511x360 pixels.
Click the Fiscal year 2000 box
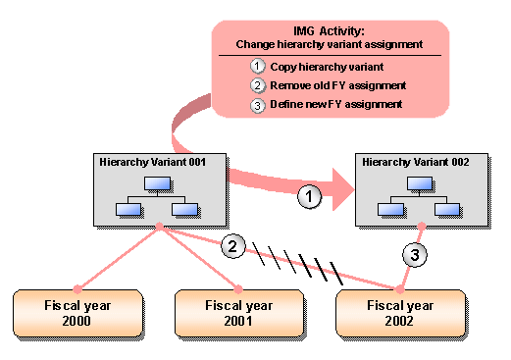(x=77, y=313)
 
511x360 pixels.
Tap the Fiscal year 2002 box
(x=400, y=313)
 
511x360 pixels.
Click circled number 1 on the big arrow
(x=310, y=197)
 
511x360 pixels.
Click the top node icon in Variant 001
(x=158, y=183)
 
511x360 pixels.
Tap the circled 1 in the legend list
(x=257, y=67)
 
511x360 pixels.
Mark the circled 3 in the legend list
(x=257, y=105)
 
